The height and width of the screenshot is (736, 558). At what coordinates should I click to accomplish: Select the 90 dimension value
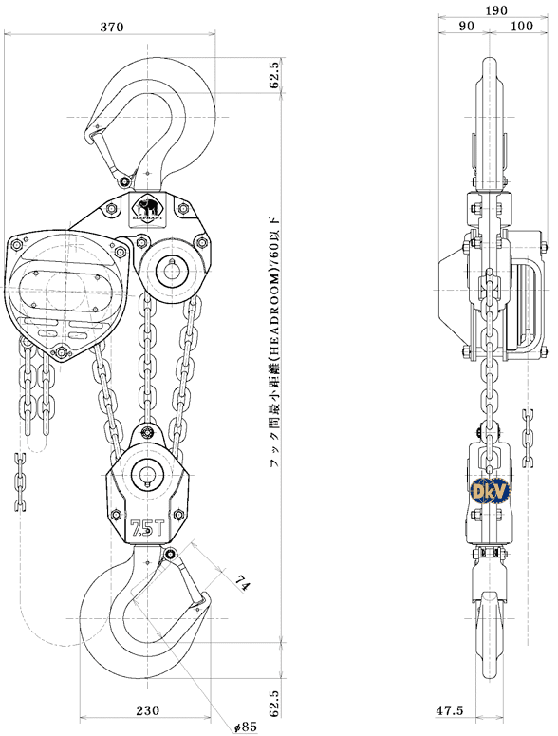(466, 28)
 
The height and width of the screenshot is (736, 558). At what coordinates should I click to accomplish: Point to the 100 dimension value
(521, 28)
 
